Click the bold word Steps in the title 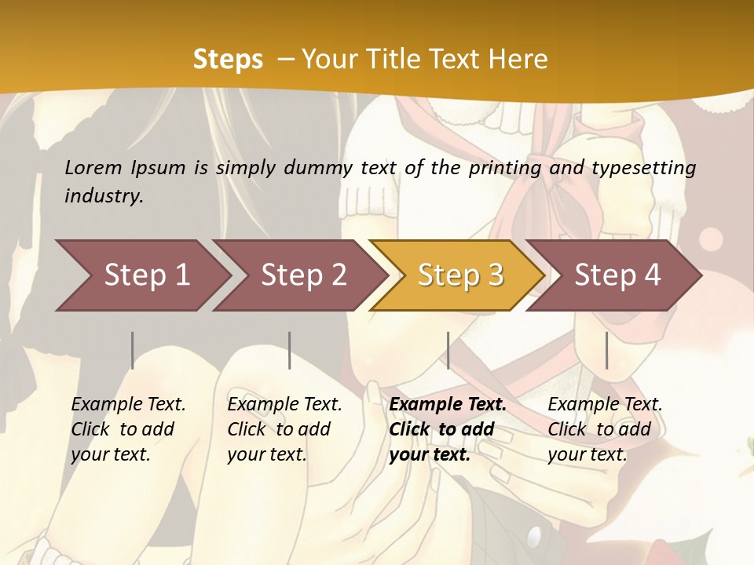[x=228, y=60]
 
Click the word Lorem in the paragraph [x=93, y=168]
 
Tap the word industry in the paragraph [x=103, y=196]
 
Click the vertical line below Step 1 [x=133, y=350]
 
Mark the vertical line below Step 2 [x=290, y=350]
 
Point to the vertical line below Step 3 [x=448, y=350]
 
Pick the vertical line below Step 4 [x=606, y=350]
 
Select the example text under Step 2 [x=284, y=429]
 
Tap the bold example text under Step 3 [x=446, y=429]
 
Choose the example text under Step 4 [x=604, y=429]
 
